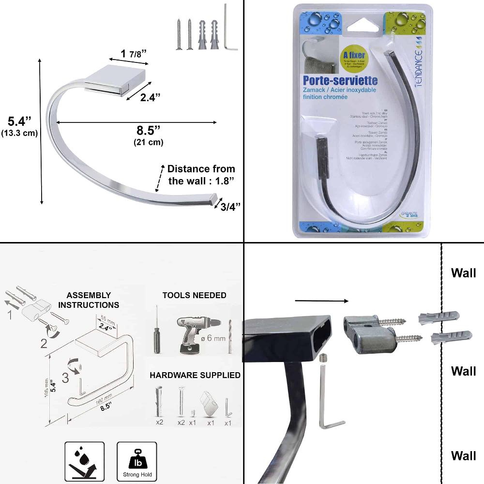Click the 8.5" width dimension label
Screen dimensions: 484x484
pos(148,131)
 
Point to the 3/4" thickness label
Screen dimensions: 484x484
pos(230,207)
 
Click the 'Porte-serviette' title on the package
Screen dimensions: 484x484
pos(340,80)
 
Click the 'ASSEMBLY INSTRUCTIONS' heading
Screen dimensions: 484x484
pos(89,300)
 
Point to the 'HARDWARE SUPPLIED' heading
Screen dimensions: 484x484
pos(195,375)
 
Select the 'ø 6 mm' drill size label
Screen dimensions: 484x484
pos(213,338)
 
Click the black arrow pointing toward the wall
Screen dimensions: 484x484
pos(321,301)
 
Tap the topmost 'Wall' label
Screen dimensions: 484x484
pos(463,272)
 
